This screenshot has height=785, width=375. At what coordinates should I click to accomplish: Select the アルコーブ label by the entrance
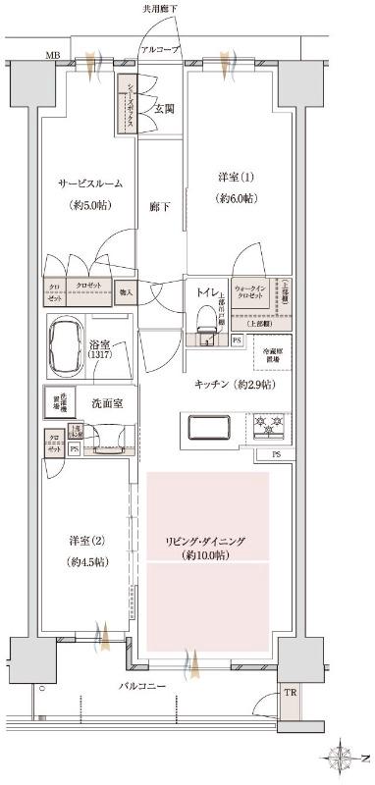tap(159, 48)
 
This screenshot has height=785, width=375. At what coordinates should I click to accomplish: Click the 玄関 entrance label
tap(164, 108)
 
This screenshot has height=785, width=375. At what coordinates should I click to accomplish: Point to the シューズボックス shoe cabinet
tap(128, 102)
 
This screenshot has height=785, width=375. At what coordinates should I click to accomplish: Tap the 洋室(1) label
tap(235, 178)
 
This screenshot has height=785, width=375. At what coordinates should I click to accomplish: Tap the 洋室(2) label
tap(85, 542)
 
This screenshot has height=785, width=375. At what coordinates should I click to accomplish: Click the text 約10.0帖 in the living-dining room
tap(206, 555)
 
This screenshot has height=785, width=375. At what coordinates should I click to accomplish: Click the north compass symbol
tap(344, 758)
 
